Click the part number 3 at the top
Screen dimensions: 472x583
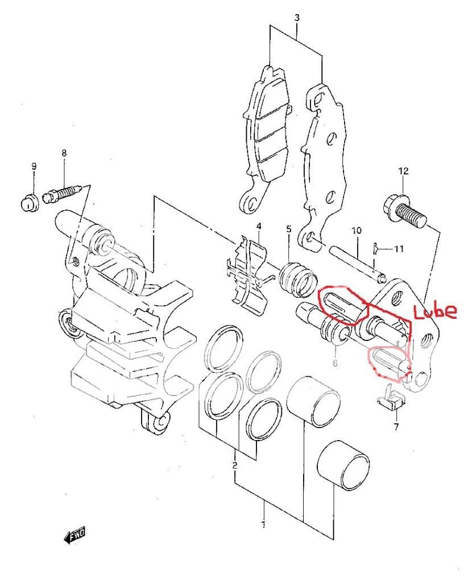tap(297, 18)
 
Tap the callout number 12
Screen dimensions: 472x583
tap(403, 171)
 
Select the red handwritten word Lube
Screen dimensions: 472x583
tap(435, 311)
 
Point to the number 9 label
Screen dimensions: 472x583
tap(34, 166)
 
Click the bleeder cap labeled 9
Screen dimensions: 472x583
tap(28, 202)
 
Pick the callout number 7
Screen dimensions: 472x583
tap(396, 426)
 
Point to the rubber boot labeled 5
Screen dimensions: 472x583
tap(297, 279)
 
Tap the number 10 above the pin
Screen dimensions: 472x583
tap(356, 231)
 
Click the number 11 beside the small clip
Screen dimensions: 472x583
tap(399, 249)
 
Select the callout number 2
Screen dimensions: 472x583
tap(235, 465)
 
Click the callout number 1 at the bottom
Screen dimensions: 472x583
tap(263, 524)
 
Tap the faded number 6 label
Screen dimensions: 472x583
tap(335, 363)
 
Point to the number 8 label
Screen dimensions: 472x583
tap(64, 153)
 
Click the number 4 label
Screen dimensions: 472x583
tap(258, 226)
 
